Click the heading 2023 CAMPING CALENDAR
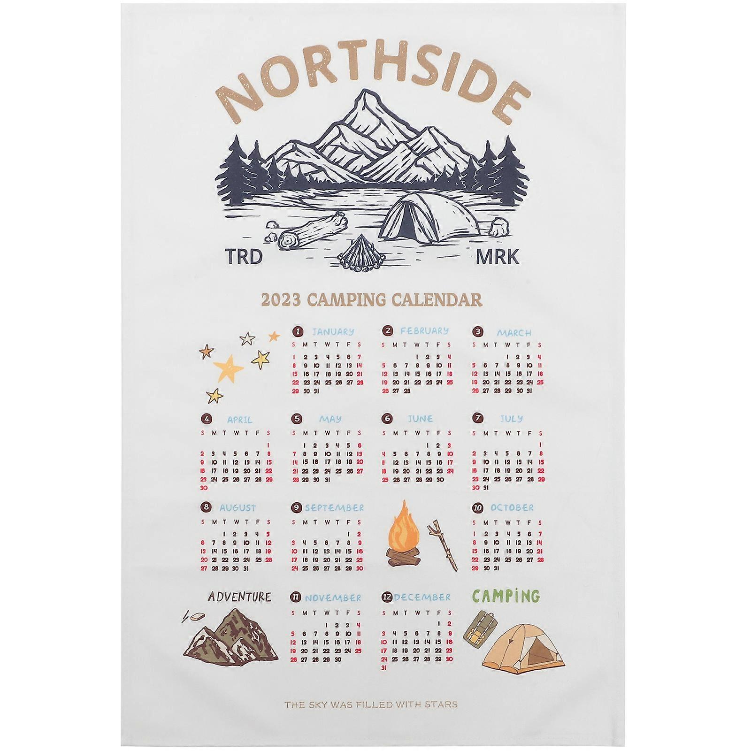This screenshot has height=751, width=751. pos(370,299)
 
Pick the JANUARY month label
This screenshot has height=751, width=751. pos(333,332)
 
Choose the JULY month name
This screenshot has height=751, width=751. pos(511,418)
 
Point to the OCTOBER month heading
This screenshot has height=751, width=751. pos(512,508)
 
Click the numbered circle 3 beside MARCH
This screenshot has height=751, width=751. pos(478,332)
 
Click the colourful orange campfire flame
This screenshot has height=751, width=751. pos(403,532)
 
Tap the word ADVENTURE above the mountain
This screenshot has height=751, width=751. pos(239,597)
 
